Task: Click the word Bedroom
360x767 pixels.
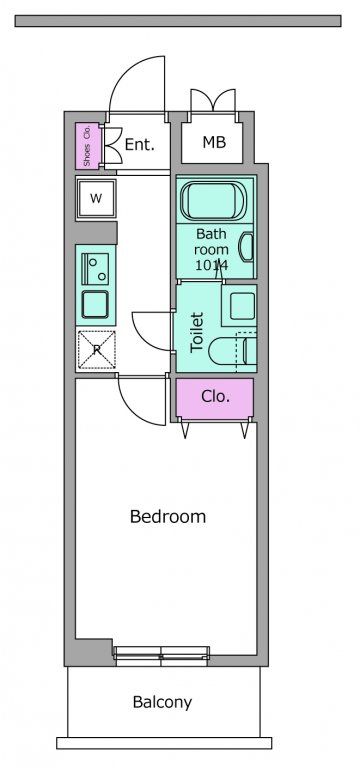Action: click(x=168, y=517)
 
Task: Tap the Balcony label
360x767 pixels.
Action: click(x=162, y=702)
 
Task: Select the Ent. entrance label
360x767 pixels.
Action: click(x=140, y=144)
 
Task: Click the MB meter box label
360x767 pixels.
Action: click(x=214, y=142)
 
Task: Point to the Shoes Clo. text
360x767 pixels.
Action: click(x=87, y=146)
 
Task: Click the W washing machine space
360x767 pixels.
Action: click(x=96, y=199)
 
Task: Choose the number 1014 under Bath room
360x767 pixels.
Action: click(x=211, y=266)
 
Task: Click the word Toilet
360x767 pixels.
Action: click(x=197, y=332)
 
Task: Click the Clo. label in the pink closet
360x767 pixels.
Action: click(x=215, y=396)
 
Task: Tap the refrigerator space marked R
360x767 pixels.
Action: click(x=96, y=350)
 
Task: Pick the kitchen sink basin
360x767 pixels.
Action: click(x=95, y=304)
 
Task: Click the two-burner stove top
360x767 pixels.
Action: click(x=95, y=269)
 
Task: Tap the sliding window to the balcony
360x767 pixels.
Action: click(x=161, y=656)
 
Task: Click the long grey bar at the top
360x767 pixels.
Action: click(x=178, y=21)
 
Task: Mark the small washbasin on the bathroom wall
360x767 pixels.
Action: click(x=247, y=248)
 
